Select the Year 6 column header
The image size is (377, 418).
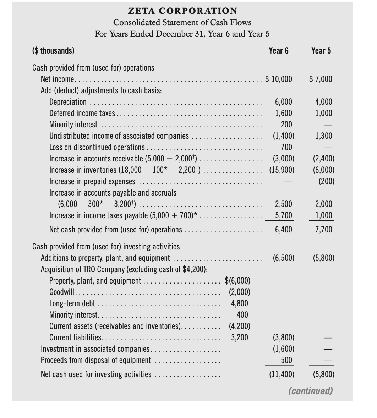[279, 51]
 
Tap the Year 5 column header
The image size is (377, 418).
[321, 51]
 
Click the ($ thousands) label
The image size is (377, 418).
[54, 51]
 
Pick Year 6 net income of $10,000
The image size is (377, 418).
[279, 79]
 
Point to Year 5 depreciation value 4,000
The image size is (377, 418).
[324, 102]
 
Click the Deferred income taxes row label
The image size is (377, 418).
[82, 113]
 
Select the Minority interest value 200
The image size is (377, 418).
[286, 125]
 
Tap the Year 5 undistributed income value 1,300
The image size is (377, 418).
[324, 136]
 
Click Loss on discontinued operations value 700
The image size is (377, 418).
[286, 147]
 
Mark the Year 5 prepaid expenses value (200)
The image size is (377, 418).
[325, 181]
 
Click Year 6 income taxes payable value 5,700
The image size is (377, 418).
[284, 215]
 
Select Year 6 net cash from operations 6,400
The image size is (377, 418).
[284, 230]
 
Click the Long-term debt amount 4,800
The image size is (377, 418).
[240, 303]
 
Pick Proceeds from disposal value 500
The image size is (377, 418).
[286, 360]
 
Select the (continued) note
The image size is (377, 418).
[311, 391]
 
